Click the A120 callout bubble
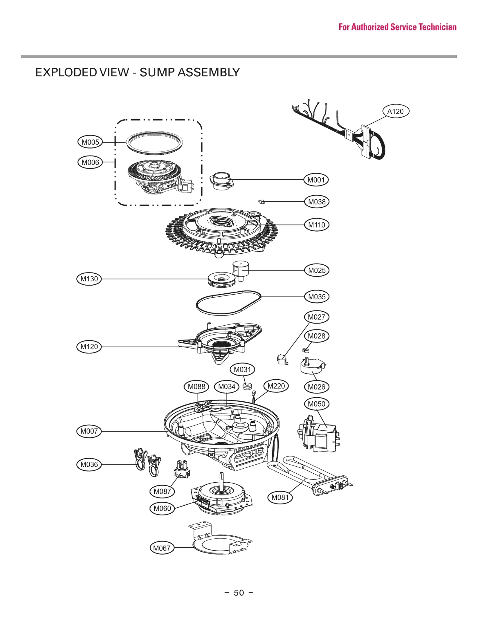coord(396,111)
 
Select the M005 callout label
coord(90,142)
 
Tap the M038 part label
coord(317,202)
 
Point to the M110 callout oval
coord(317,225)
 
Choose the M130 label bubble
coord(89,279)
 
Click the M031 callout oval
coord(242,369)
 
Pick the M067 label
coord(162,548)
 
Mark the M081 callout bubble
coord(280,497)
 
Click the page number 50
coord(239,593)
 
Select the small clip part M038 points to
coord(262,202)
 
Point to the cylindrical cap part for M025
coord(240,270)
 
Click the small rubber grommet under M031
coord(247,387)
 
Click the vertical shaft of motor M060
coord(222,480)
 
